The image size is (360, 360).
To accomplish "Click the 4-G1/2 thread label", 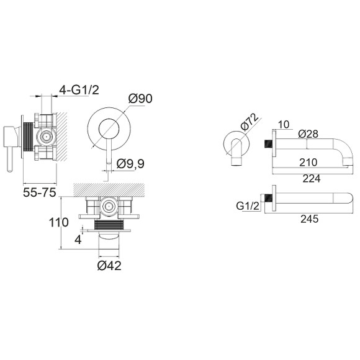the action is pyautogui.click(x=79, y=90).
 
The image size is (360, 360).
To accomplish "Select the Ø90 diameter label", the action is pyautogui.click(x=140, y=99).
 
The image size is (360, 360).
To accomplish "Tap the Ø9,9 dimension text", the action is pyautogui.click(x=130, y=164).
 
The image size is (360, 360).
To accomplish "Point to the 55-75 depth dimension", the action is pyautogui.click(x=40, y=192).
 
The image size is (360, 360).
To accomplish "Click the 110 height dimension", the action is pyautogui.click(x=59, y=222).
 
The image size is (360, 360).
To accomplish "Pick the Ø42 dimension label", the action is pyautogui.click(x=109, y=266).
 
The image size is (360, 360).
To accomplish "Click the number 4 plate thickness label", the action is pyautogui.click(x=78, y=240).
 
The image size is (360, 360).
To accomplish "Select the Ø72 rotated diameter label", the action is pyautogui.click(x=250, y=121).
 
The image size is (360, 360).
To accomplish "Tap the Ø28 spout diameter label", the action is pyautogui.click(x=308, y=134).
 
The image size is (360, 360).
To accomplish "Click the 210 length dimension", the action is pyautogui.click(x=308, y=163).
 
